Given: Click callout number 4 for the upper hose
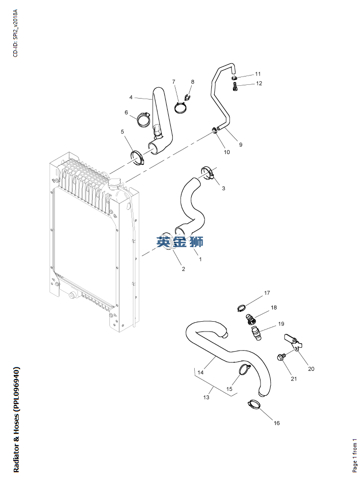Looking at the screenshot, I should [x=131, y=97].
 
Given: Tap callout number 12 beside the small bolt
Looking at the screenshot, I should [x=259, y=83].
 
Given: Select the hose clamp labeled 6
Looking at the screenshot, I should [x=144, y=119].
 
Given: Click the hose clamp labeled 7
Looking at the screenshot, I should [x=181, y=107].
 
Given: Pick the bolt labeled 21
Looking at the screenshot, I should [x=282, y=358].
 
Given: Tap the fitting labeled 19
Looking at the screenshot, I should [x=256, y=334].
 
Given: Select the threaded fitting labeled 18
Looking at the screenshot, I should [x=251, y=320].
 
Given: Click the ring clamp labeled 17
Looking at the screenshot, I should [x=242, y=308].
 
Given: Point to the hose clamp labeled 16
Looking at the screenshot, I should [x=254, y=405].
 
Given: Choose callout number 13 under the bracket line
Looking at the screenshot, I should [x=206, y=397].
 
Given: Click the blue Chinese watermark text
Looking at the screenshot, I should [x=180, y=241].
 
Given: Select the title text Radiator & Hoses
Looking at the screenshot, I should [x=16, y=419].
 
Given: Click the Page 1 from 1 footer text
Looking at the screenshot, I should [x=355, y=456].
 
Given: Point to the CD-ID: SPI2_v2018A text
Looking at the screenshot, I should [x=15, y=33].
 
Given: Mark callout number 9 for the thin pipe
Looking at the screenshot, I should [x=240, y=145].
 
